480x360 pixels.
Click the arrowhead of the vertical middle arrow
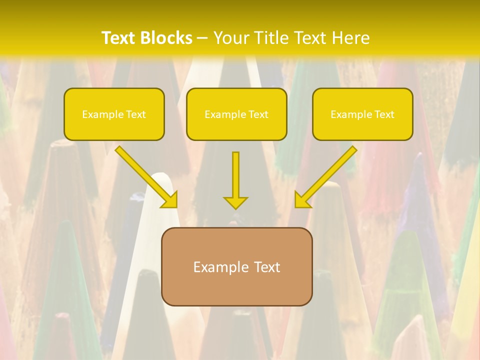coord(235,202)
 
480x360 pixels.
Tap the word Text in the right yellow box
coord(384,114)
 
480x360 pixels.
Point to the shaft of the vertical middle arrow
coord(235,172)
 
